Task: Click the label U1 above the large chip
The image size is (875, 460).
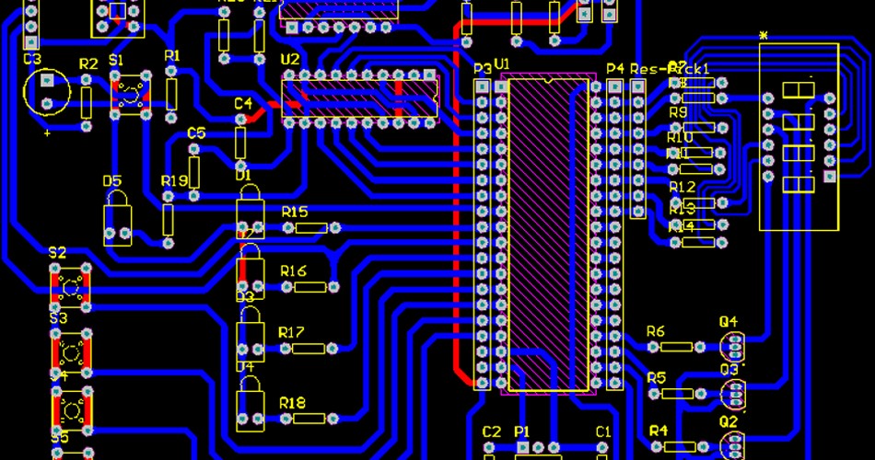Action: coord(502,63)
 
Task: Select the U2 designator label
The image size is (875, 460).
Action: coord(290,60)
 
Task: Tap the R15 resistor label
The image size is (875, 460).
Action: coord(295,212)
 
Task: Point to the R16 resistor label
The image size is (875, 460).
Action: coord(293,270)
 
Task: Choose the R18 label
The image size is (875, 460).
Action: coord(292,402)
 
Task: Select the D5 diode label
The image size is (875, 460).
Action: coord(112,180)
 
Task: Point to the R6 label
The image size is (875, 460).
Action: coord(656,330)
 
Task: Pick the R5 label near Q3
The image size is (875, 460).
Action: coord(656,377)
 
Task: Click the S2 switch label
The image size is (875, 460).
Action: coord(57,252)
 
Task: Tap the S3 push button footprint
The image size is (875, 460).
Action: coord(72,349)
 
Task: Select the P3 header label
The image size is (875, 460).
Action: coord(482,68)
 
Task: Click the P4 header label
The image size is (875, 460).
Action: coord(615,68)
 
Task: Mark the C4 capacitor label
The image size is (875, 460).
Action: coord(243,103)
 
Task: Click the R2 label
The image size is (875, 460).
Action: coord(88,63)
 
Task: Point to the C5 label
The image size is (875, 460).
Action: coord(196,132)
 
